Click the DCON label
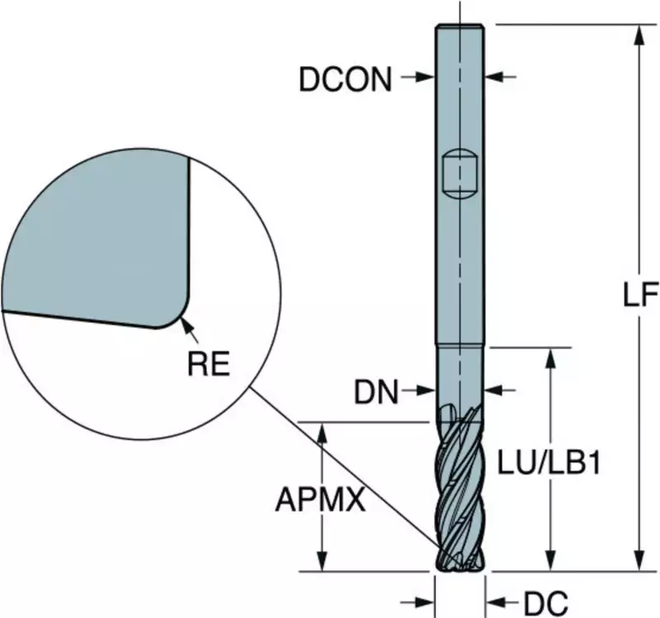click(345, 79)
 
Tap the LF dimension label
click(640, 294)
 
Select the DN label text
click(376, 392)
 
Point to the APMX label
click(320, 499)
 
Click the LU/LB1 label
click(549, 462)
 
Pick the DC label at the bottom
click(545, 604)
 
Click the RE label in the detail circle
click(209, 363)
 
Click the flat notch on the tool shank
click(460, 173)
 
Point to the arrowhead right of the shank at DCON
click(493, 77)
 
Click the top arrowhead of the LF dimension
click(640, 35)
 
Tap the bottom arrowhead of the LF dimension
click(640, 561)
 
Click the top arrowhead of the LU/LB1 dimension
click(550, 358)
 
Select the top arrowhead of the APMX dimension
click(322, 432)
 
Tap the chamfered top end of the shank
click(460, 26)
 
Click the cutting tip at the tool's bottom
click(460, 564)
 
